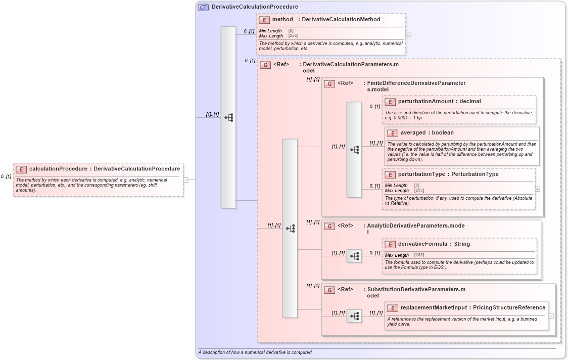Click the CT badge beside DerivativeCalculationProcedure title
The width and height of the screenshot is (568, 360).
(x=203, y=7)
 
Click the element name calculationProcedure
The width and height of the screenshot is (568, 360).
(x=58, y=169)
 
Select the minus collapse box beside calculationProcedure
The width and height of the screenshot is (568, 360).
(x=186, y=179)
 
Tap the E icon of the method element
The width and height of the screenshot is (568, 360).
(x=264, y=20)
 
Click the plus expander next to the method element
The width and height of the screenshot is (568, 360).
(x=408, y=34)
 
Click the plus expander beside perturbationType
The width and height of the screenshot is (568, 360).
(x=537, y=189)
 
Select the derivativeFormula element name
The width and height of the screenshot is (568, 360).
(x=422, y=244)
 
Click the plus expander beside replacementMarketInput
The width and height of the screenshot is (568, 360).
(x=551, y=316)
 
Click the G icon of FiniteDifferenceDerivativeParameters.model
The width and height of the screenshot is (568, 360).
(x=329, y=83)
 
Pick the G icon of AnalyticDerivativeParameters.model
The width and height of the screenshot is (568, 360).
(x=329, y=226)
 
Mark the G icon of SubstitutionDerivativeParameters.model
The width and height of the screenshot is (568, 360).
(x=329, y=290)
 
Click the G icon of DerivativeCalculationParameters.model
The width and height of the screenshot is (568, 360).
(x=265, y=65)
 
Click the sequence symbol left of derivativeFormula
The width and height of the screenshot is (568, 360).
(x=354, y=256)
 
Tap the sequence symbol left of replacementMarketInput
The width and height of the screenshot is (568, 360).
(x=354, y=316)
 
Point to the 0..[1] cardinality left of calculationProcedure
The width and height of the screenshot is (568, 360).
(x=6, y=176)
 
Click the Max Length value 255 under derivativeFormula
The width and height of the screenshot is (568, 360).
(x=419, y=255)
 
